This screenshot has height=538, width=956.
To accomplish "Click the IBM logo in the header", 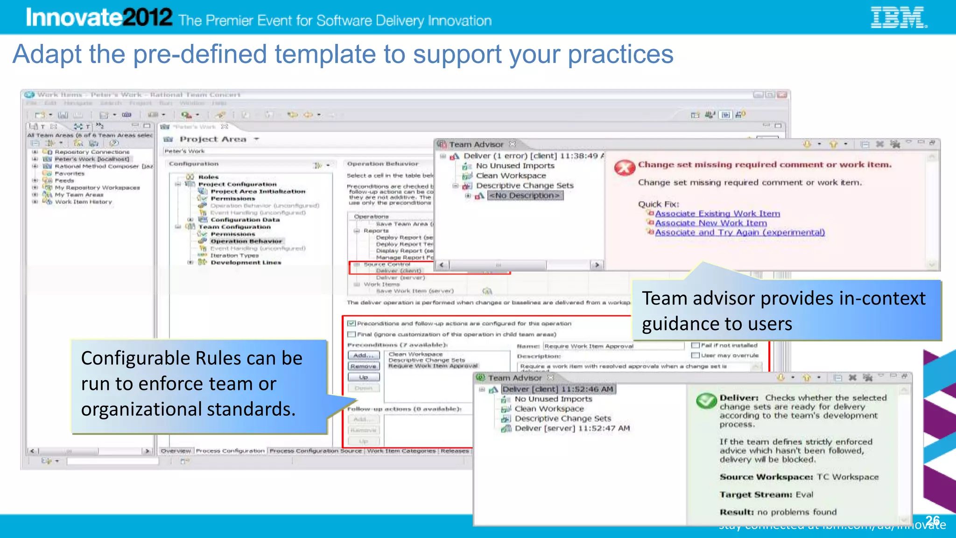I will [x=899, y=18].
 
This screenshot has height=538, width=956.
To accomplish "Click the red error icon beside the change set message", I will [x=625, y=167].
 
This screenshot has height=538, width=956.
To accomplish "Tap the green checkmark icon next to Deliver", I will [x=706, y=401].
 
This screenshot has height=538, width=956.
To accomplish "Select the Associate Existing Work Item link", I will [x=717, y=213].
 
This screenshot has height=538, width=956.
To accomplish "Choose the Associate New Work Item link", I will [x=710, y=223].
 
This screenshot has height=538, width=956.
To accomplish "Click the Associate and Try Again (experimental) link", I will [x=739, y=233].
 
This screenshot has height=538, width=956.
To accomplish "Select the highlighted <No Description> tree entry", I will [x=525, y=196].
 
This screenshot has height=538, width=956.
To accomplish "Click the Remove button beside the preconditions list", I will [x=363, y=367].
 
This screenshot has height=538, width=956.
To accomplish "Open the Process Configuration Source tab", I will [x=316, y=451].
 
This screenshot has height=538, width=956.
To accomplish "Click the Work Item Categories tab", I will [x=401, y=451].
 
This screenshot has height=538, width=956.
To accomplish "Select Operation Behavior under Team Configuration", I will [x=246, y=241].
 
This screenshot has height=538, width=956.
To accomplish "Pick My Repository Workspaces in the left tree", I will [x=97, y=188].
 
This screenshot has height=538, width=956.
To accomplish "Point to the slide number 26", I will [x=932, y=520].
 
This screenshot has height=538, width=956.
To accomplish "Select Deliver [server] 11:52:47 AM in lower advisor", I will [x=572, y=428].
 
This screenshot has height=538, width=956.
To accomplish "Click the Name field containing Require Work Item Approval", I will [x=612, y=346].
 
